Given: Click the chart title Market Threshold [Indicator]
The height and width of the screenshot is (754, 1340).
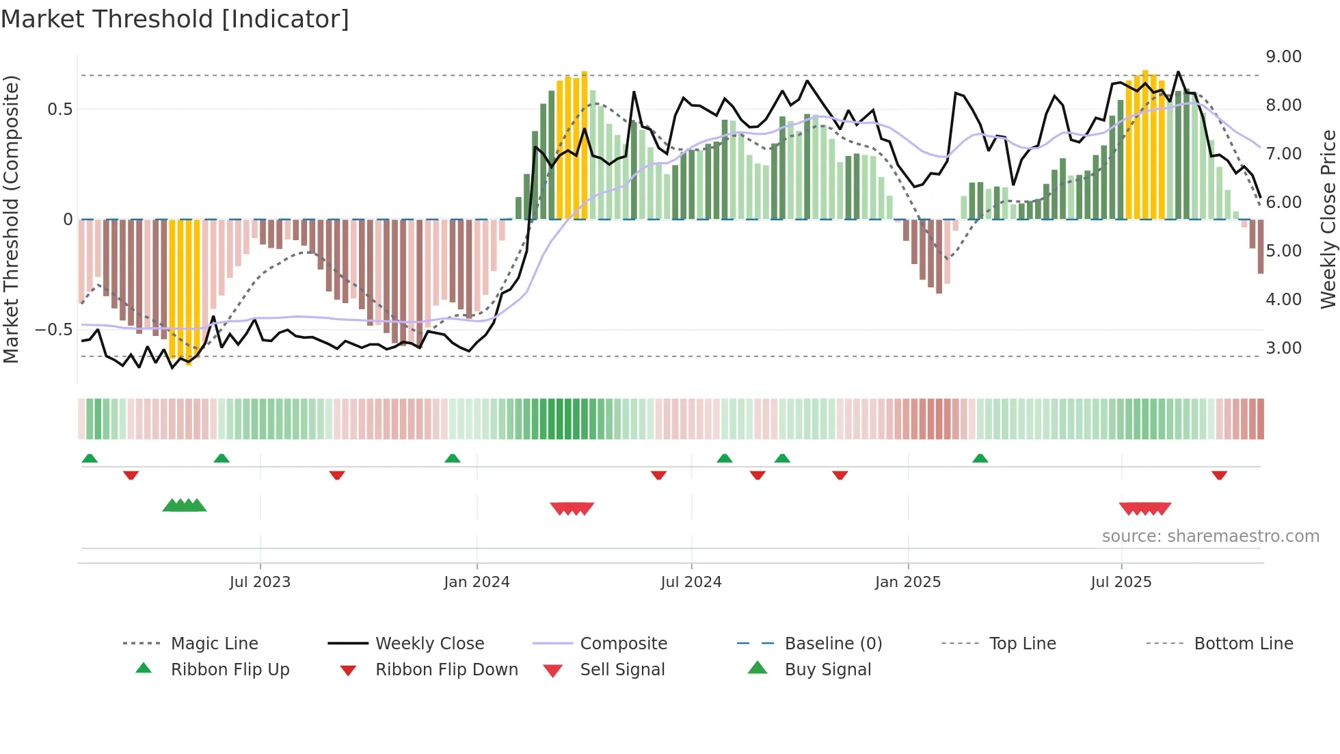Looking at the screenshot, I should point(175,19).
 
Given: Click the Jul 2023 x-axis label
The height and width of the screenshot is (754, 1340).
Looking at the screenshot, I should point(260,582).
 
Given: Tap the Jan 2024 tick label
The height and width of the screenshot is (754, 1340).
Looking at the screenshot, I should point(477,582).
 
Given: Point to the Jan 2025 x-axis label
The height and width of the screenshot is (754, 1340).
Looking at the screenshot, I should point(908,582).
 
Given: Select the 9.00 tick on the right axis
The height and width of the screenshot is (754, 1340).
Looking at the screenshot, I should point(1283,57).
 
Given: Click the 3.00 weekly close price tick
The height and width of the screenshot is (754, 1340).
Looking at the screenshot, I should point(1283,348).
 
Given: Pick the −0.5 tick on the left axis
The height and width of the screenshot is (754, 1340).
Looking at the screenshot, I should point(54,330).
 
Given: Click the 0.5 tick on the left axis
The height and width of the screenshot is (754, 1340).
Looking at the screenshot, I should point(59,109).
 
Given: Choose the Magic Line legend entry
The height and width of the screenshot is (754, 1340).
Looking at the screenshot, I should point(214,644).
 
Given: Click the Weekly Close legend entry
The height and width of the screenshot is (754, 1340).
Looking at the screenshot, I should point(429,644).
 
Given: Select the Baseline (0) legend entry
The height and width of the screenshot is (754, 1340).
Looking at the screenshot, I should point(833,644).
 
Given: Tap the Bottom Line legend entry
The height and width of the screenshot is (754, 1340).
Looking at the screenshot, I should point(1243,644).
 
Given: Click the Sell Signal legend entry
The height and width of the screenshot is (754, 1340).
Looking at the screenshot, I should point(622,670).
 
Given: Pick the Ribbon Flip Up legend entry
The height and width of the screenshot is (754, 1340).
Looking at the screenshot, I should point(230,670).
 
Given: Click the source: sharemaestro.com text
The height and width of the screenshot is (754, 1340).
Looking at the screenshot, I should point(1210,536).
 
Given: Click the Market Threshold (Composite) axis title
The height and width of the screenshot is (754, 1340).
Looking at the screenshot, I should point(11,219).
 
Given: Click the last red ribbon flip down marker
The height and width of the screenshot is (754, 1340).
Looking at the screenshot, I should point(1219,475).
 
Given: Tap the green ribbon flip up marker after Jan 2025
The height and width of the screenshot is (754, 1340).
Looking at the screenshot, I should point(980,458).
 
